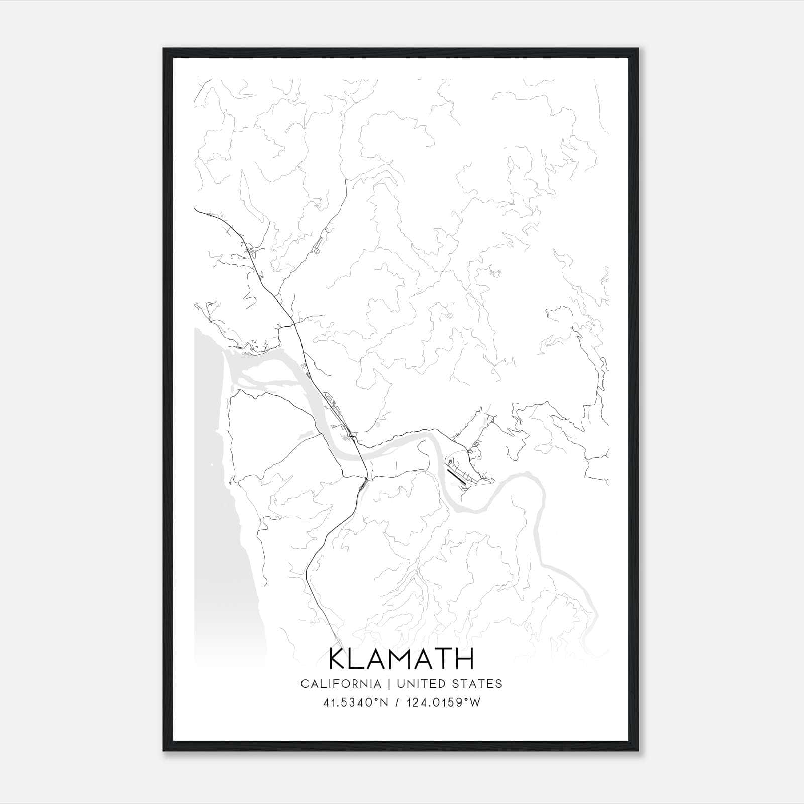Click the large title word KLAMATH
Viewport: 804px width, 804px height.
tap(401, 659)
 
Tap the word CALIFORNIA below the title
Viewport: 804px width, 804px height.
tap(340, 684)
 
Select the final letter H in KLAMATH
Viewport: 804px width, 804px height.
tap(465, 659)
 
